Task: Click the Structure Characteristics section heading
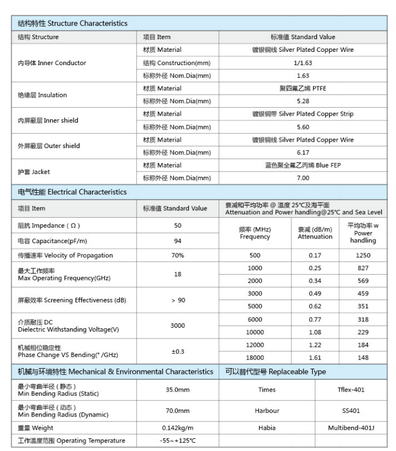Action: (x=73, y=24)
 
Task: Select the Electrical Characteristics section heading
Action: (x=73, y=192)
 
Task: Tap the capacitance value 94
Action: (x=177, y=241)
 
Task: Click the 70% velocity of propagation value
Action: (x=177, y=255)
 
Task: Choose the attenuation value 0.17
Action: (x=315, y=255)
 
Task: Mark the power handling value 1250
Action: (x=363, y=255)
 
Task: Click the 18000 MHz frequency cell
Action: (x=255, y=357)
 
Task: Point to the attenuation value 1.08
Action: (x=315, y=332)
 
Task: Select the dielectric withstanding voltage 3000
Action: (x=177, y=325)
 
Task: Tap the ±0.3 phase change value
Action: (x=177, y=351)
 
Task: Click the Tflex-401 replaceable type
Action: (x=351, y=390)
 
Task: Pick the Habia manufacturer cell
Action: (x=267, y=428)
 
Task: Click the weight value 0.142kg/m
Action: (x=177, y=428)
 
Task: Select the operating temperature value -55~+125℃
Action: (x=177, y=441)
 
